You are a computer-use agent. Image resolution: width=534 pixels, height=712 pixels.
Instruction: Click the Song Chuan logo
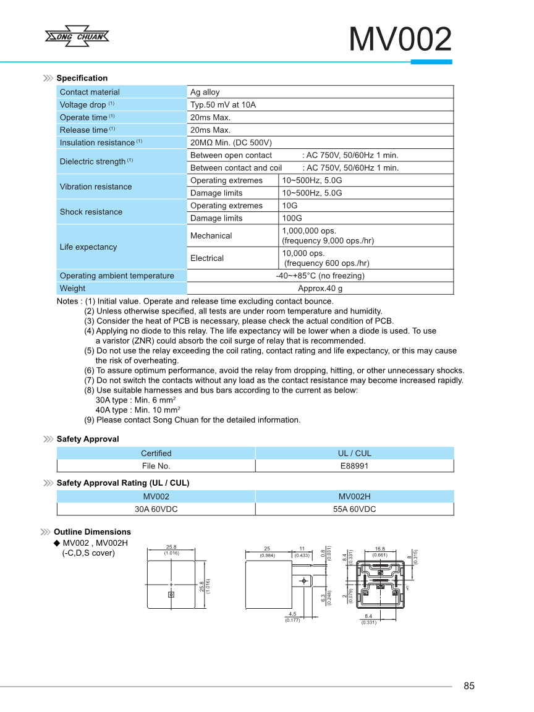(x=77, y=36)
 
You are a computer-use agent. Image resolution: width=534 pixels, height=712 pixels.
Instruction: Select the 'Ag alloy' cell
(x=205, y=92)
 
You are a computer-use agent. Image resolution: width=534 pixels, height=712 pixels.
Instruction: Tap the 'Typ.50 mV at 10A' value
(x=222, y=104)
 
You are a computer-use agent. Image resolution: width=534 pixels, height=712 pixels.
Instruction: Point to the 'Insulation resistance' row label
(x=97, y=143)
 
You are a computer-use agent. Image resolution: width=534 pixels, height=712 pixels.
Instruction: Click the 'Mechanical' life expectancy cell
(x=211, y=235)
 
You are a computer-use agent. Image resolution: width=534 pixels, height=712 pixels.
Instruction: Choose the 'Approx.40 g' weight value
(x=320, y=288)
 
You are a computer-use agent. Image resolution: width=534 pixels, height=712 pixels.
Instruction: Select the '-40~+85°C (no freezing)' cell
(x=320, y=276)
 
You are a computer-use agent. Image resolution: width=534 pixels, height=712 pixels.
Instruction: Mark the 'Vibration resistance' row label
(x=95, y=187)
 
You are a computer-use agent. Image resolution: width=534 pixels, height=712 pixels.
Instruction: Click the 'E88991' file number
(x=354, y=466)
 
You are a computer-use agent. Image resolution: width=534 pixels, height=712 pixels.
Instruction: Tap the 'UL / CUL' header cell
(x=354, y=453)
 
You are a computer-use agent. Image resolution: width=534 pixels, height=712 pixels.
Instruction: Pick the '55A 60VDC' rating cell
(x=354, y=509)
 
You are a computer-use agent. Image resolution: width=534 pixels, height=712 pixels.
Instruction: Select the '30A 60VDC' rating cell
(x=156, y=509)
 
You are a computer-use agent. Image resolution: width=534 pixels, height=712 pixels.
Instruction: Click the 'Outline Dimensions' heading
(x=92, y=532)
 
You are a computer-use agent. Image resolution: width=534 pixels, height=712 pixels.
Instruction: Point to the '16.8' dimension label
(x=379, y=548)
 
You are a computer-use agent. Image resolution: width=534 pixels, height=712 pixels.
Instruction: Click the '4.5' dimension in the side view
(x=292, y=614)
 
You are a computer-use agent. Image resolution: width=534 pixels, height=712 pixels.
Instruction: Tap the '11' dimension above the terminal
(x=302, y=548)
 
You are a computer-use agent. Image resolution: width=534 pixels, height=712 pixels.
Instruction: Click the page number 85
(x=468, y=686)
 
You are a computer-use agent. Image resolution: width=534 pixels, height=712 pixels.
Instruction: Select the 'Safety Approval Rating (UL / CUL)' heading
(x=122, y=483)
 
